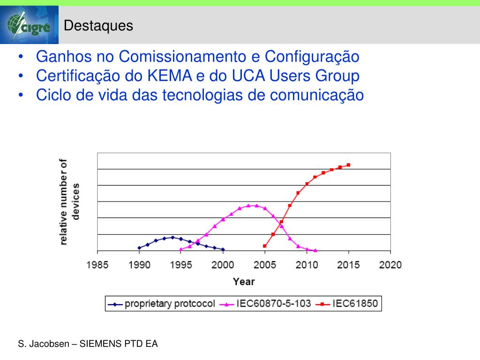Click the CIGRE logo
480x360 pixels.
point(29,25)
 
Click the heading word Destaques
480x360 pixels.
point(98,26)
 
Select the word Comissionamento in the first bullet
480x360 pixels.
point(183,57)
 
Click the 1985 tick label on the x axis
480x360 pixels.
point(97,265)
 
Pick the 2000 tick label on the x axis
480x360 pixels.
point(223,265)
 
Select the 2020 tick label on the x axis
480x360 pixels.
point(390,265)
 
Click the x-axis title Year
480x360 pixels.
point(244,281)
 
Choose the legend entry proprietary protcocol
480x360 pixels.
point(169,304)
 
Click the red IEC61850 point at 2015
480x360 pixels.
point(348,165)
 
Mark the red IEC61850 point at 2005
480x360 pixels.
point(265,246)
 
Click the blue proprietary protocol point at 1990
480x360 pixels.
point(139,248)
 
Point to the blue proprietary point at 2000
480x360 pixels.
point(223,249)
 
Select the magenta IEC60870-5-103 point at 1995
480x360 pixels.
point(181,249)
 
